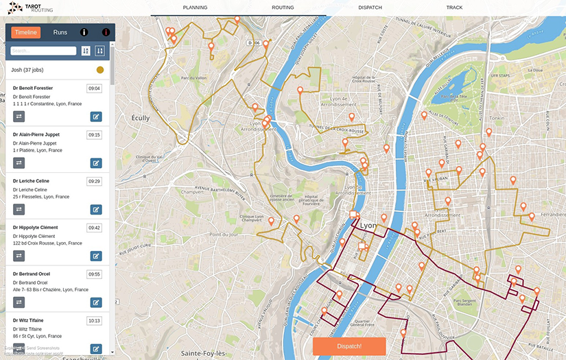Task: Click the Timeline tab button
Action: (26, 32)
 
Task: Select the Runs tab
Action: (60, 32)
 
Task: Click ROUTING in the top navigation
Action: (283, 8)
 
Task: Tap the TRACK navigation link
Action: (454, 8)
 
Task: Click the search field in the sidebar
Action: (43, 51)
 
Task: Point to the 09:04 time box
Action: (94, 88)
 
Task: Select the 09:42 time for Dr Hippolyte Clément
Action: (94, 228)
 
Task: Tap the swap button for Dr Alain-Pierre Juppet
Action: (19, 163)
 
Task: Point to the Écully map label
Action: (141, 118)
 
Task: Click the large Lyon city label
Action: (368, 225)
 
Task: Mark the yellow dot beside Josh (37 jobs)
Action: (100, 70)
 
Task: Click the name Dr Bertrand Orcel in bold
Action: (30, 274)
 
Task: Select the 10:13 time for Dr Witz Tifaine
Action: (94, 320)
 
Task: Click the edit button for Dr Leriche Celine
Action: (96, 209)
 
